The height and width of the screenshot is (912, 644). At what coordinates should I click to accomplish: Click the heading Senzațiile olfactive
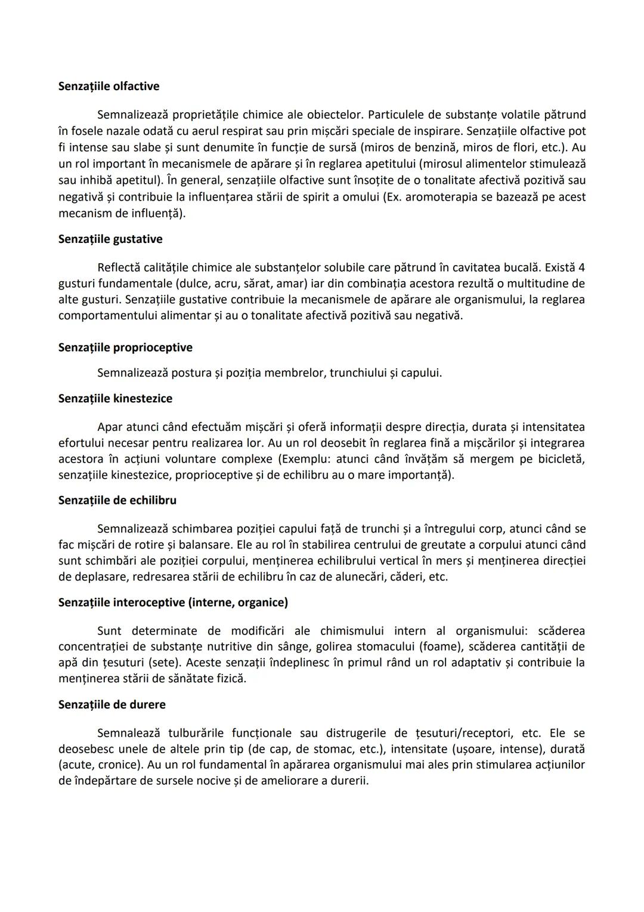pos(109,86)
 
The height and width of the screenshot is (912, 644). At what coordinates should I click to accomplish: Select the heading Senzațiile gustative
pos(110,239)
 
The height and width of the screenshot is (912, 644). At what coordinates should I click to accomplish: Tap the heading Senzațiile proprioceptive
pos(125,347)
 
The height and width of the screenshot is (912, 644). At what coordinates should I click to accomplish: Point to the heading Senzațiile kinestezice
pos(115,398)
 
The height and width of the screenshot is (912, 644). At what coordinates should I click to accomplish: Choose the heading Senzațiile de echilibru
pos(117,500)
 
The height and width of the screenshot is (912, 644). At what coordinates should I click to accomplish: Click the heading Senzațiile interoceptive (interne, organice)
pos(173,602)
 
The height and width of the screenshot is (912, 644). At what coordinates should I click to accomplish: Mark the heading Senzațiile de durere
pos(112,704)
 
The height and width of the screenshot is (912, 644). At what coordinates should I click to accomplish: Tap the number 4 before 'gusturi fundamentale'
pos(581,267)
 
